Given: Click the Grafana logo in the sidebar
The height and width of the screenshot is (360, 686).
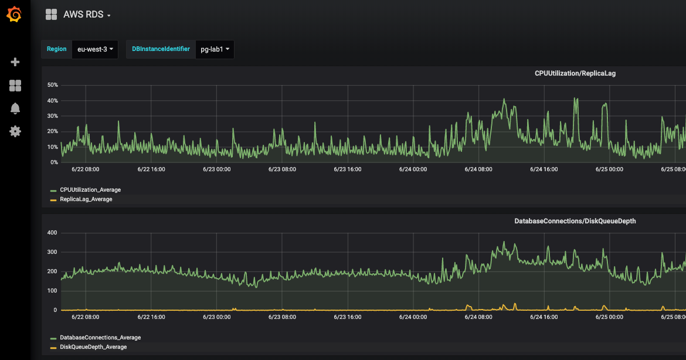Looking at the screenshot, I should [x=15, y=15].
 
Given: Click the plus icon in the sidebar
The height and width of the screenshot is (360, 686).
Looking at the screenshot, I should [x=15, y=62].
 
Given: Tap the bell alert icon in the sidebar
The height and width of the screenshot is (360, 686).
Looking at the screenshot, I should [x=15, y=108].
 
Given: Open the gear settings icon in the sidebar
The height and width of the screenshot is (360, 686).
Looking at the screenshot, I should [x=15, y=131].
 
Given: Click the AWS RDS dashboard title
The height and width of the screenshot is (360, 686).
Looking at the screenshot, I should [x=86, y=15].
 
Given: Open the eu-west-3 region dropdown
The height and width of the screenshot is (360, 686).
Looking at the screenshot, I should [x=94, y=49].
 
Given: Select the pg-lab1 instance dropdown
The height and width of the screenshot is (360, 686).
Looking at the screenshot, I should [x=215, y=49].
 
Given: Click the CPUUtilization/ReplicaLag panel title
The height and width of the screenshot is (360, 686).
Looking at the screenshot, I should [x=575, y=73].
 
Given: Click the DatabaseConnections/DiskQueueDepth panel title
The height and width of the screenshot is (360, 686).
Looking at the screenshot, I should [x=575, y=221].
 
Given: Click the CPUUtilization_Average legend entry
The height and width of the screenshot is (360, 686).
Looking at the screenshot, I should [x=90, y=190].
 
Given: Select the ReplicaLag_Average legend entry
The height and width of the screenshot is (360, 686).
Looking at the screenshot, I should [x=86, y=199].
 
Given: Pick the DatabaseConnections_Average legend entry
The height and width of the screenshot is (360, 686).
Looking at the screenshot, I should [x=100, y=338].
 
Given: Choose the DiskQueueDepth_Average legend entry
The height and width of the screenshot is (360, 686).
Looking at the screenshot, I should [x=93, y=347].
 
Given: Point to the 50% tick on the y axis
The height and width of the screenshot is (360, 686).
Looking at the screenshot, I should [x=52, y=85].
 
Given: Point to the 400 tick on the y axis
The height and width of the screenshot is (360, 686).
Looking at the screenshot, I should [x=52, y=233].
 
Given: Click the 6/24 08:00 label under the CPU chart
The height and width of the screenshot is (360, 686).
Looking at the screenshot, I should [x=478, y=169].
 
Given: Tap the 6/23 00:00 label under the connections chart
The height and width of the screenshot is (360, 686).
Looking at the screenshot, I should [x=216, y=317].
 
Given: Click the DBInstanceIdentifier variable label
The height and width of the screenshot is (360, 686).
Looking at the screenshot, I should [x=161, y=49].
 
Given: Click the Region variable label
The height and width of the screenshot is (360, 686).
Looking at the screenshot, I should [x=57, y=49].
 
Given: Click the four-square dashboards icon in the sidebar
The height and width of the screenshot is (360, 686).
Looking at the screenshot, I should [x=15, y=86].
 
